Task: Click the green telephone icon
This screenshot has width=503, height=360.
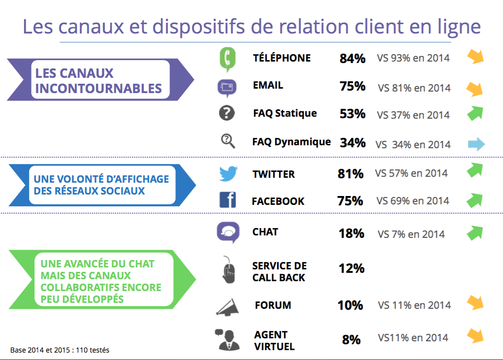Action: [227, 60]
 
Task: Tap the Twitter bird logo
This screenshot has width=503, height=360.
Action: [228, 173]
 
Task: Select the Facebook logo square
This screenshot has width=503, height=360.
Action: [228, 200]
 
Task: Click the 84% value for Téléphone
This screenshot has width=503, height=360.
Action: [352, 59]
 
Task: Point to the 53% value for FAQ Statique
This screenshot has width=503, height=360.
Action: [352, 114]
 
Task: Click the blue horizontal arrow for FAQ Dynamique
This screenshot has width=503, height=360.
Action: [476, 144]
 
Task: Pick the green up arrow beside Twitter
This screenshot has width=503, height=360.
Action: [475, 170]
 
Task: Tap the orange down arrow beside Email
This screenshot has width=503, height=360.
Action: [474, 89]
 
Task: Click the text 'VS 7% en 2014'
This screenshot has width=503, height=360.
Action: [411, 234]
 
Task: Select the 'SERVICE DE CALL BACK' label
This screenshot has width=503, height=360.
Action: [280, 271]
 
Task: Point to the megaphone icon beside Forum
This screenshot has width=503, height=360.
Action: [227, 307]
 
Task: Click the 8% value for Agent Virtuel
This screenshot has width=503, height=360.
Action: [351, 339]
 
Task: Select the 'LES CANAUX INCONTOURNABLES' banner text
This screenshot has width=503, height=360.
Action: [98, 81]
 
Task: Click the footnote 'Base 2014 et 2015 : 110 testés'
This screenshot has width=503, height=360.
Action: [60, 350]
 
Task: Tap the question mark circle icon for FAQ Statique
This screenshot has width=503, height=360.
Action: [227, 113]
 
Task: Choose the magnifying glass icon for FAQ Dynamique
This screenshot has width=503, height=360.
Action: [228, 141]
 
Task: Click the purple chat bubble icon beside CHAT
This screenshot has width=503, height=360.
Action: [228, 232]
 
